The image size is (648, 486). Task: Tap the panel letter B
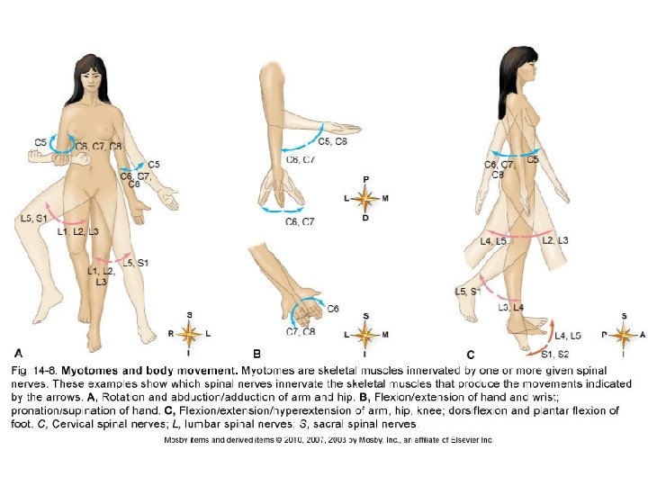click(x=256, y=354)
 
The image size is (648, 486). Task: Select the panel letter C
click(x=470, y=354)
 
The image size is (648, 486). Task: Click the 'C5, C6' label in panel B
click(x=333, y=141)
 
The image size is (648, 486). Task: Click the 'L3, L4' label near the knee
click(x=511, y=308)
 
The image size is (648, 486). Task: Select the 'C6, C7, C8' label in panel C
click(x=499, y=169)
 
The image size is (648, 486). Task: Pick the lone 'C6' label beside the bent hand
click(x=333, y=309)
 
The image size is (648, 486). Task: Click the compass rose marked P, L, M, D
click(x=365, y=198)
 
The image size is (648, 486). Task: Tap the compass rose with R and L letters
click(x=189, y=334)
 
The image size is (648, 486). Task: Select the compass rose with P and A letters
click(x=625, y=334)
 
